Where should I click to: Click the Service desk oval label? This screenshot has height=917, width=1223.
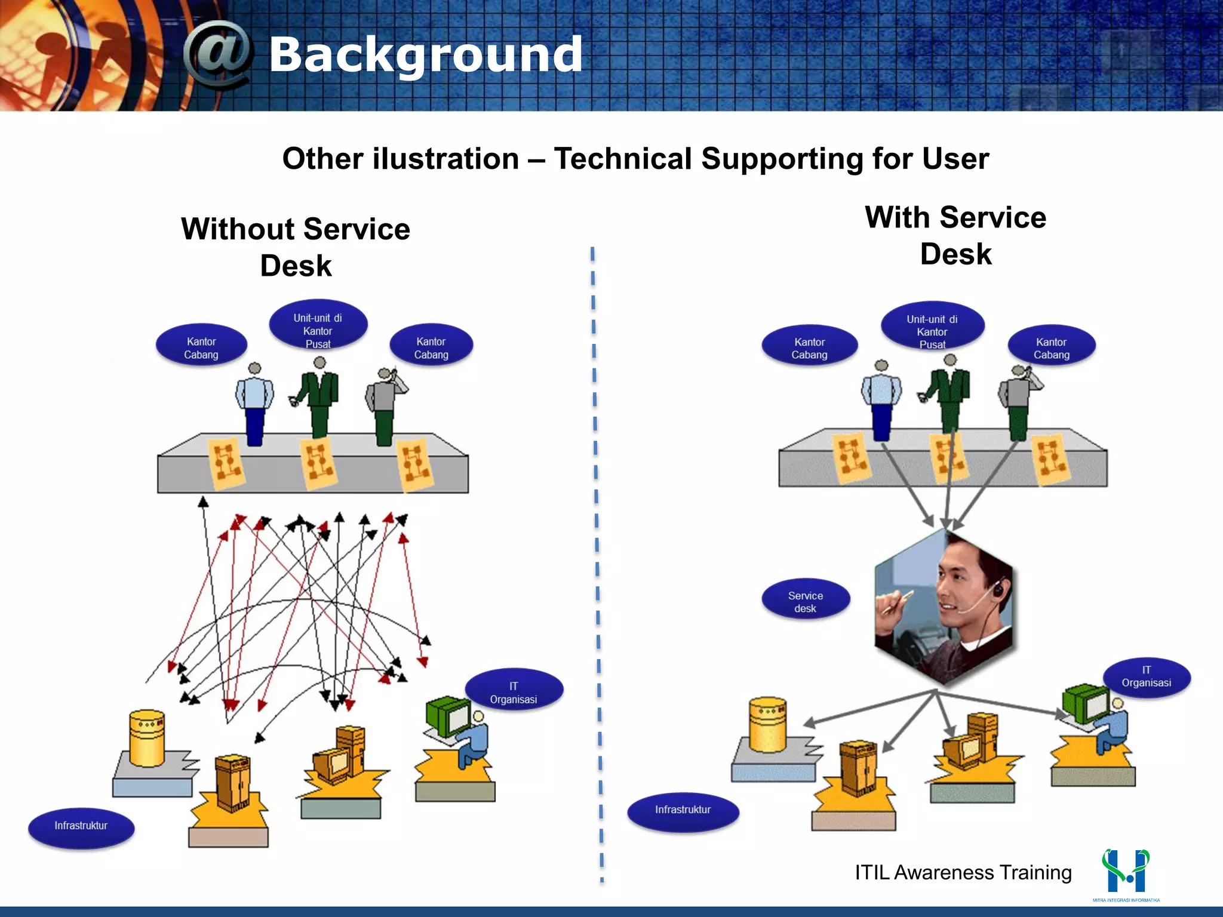coord(805,601)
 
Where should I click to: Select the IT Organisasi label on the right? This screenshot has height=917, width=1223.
coord(1146,676)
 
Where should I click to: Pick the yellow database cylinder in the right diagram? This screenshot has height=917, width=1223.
coord(767,724)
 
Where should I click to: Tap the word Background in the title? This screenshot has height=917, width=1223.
coord(425,55)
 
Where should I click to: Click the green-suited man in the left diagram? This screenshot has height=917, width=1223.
coord(319,400)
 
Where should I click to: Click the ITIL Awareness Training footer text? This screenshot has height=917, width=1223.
coord(963,872)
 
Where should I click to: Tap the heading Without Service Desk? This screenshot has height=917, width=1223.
coord(296,247)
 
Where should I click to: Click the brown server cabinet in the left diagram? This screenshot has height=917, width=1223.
coord(233,782)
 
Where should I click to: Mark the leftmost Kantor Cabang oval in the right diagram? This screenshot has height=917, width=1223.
coord(809,348)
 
